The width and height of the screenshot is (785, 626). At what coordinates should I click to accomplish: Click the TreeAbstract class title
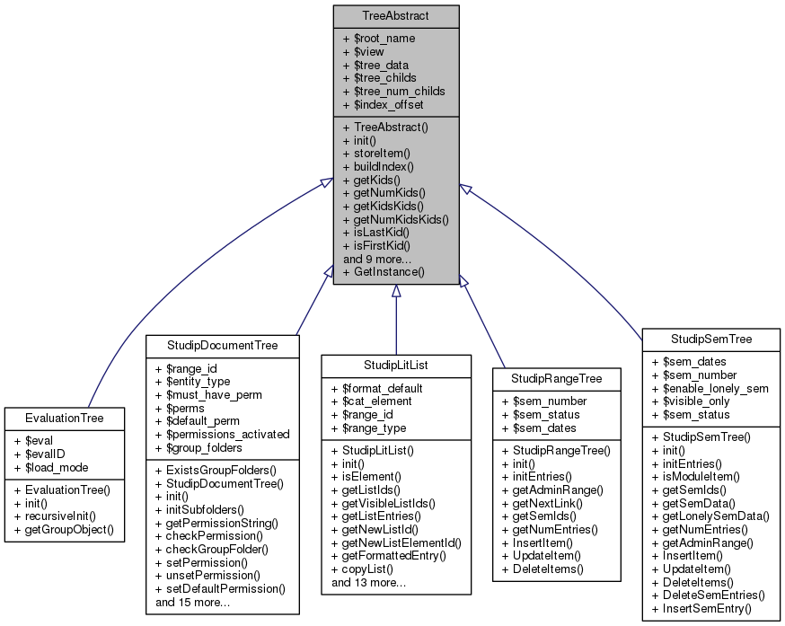[396, 15]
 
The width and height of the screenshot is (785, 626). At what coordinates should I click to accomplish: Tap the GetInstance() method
[384, 270]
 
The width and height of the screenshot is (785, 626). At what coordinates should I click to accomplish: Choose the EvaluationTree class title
[65, 418]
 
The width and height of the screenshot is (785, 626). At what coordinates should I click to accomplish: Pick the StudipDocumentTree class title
[222, 345]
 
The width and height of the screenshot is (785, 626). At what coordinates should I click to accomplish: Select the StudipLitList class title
[396, 365]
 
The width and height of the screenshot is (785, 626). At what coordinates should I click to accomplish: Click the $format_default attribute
[377, 388]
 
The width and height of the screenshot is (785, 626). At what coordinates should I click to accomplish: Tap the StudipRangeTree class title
[557, 378]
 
